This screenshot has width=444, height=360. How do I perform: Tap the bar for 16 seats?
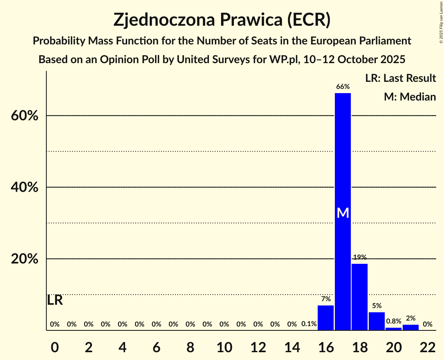(326, 318)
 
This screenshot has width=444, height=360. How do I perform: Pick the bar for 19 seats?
(377, 321)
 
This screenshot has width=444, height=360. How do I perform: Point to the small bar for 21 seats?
(410, 327)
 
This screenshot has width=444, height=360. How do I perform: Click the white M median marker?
(343, 213)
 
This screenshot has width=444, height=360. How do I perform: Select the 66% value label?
(343, 87)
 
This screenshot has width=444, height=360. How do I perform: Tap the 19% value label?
(359, 257)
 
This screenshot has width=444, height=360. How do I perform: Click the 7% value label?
(326, 299)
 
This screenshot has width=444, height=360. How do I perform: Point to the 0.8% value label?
(393, 321)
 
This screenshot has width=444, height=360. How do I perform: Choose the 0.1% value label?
(309, 324)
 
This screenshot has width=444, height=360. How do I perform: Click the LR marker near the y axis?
(55, 300)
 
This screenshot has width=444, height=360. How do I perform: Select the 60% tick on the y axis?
(24, 116)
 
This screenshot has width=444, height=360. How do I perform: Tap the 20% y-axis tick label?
(24, 259)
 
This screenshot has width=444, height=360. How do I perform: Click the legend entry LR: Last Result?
(400, 78)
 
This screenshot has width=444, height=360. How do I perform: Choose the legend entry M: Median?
(410, 97)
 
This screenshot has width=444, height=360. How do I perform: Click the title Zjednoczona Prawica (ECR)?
(222, 20)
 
